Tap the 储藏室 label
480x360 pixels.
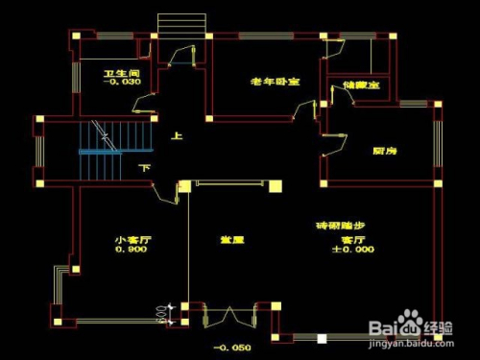(361, 85)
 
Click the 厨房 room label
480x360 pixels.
(386, 152)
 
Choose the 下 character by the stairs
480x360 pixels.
(145, 169)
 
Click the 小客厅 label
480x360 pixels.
(130, 240)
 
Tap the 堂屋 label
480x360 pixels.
(231, 240)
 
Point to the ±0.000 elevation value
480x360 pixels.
(353, 250)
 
